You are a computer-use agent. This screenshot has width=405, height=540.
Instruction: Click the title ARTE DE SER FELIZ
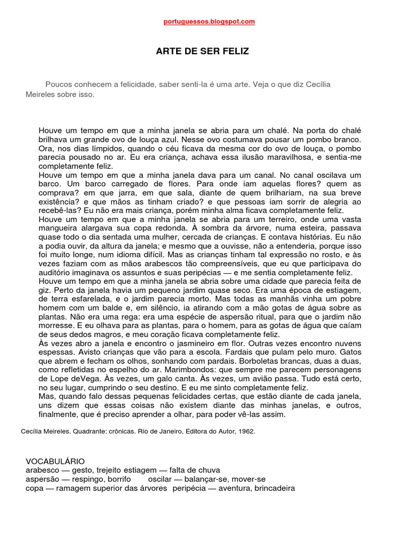tap(202, 52)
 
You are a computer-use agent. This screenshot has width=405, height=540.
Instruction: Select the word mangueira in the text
tap(60, 228)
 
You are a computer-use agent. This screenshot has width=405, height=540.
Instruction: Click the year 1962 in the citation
tap(247, 431)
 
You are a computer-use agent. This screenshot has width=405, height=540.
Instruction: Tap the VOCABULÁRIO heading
tap(55, 461)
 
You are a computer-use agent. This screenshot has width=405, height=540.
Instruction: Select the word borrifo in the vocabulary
tap(124, 479)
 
